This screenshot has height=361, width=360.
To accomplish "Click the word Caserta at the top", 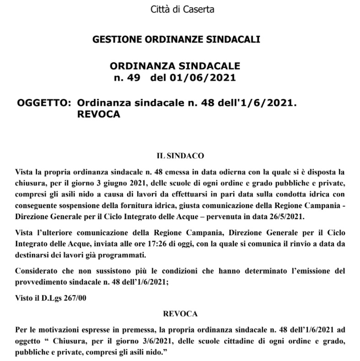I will [199, 9].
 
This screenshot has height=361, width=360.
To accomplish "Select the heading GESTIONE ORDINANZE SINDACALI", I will [176, 40].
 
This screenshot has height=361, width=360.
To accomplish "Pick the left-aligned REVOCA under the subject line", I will [99, 115].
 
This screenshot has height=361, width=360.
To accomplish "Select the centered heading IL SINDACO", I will [180, 156].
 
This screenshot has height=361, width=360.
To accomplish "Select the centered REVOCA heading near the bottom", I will [180, 314].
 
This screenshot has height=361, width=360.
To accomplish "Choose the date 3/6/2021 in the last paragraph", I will [148, 341].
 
